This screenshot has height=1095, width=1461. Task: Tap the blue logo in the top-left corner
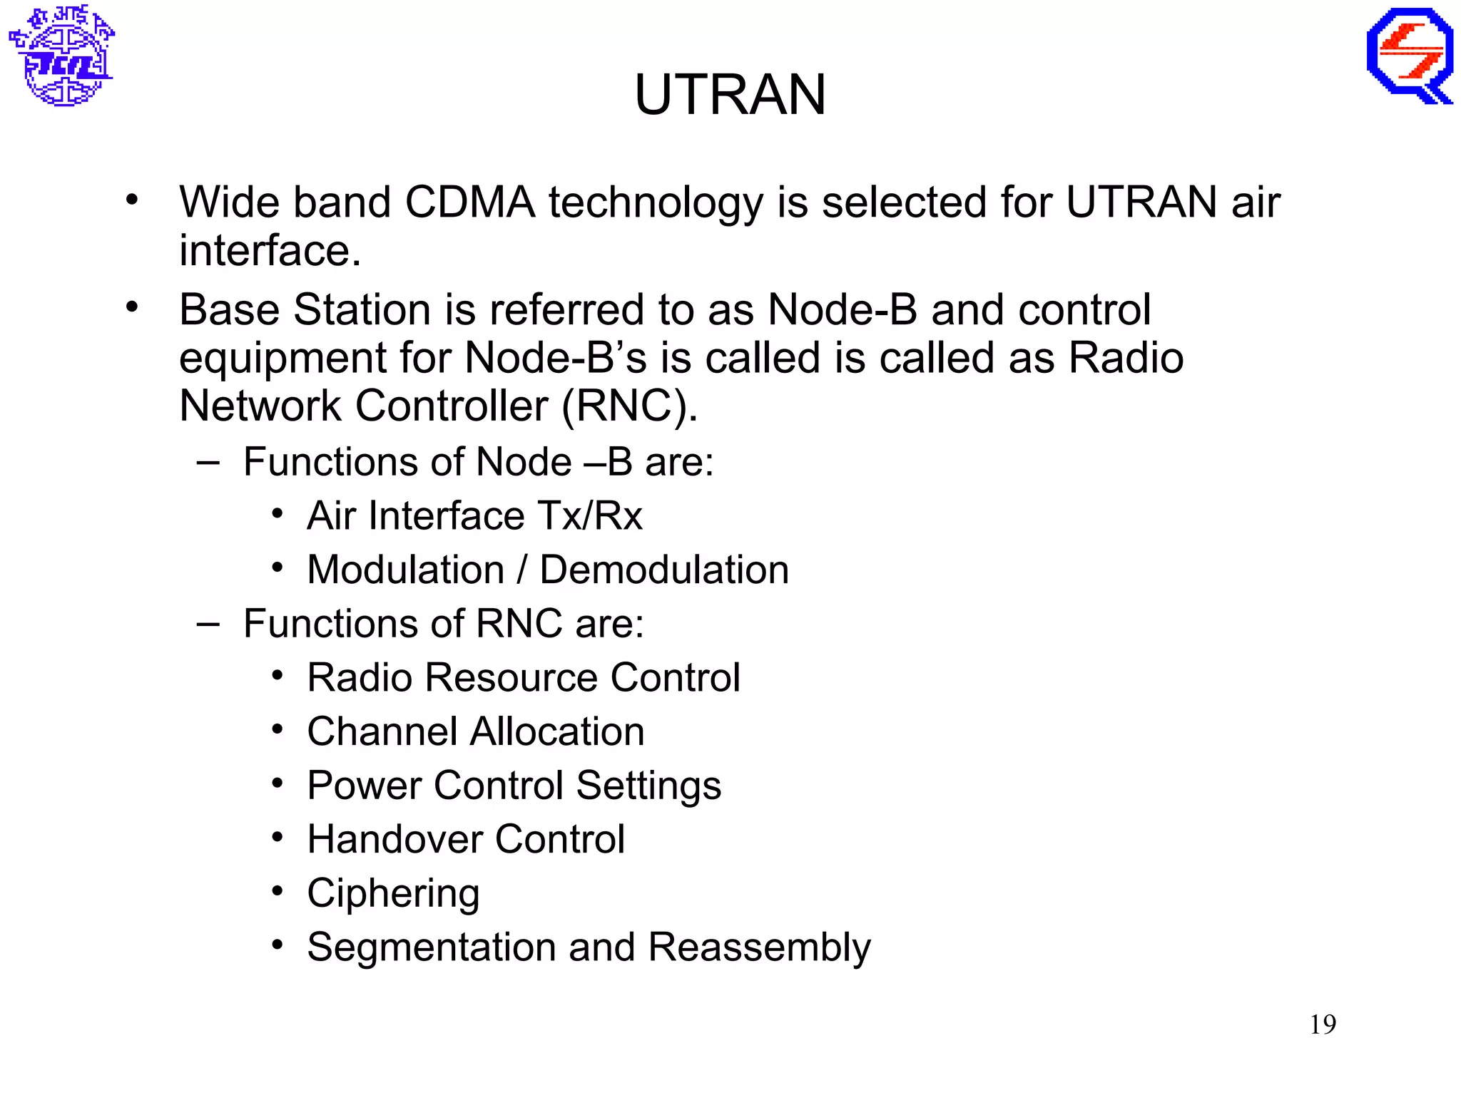[x=62, y=56]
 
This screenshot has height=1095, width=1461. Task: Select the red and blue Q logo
[x=1410, y=56]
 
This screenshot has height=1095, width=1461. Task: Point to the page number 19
[x=1323, y=1024]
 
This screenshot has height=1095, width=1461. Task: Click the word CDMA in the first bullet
[x=469, y=202]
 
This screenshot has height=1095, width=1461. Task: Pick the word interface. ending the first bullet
[x=270, y=251]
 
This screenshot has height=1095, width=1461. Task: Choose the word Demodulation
[x=664, y=570]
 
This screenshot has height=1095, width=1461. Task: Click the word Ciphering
[x=393, y=893]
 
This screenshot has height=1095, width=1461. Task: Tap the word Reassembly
[x=760, y=947]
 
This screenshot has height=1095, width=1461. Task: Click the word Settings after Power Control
[x=648, y=786]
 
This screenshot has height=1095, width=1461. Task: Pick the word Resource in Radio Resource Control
[x=511, y=677]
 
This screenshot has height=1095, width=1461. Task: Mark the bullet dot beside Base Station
[x=132, y=307]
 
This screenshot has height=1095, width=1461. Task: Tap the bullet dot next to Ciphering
[x=278, y=891]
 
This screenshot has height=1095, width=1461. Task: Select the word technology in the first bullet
[x=656, y=202]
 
